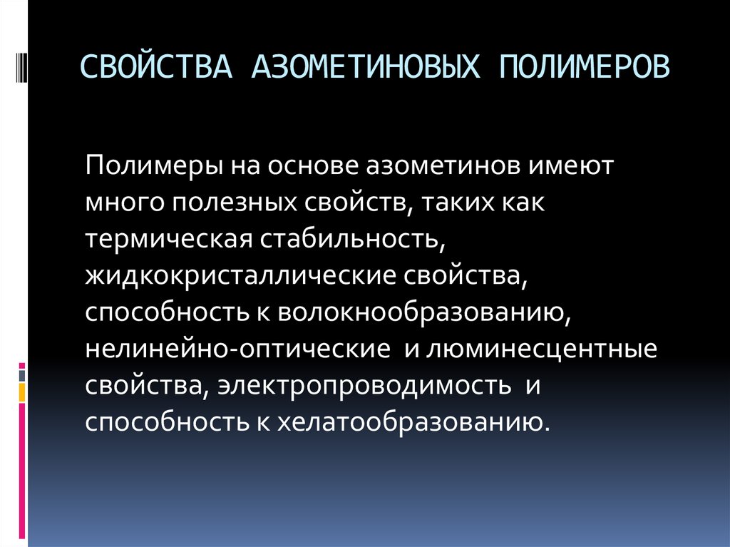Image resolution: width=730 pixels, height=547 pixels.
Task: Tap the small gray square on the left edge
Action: (23, 373)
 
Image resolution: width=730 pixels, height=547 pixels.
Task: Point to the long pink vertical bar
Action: (23, 471)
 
